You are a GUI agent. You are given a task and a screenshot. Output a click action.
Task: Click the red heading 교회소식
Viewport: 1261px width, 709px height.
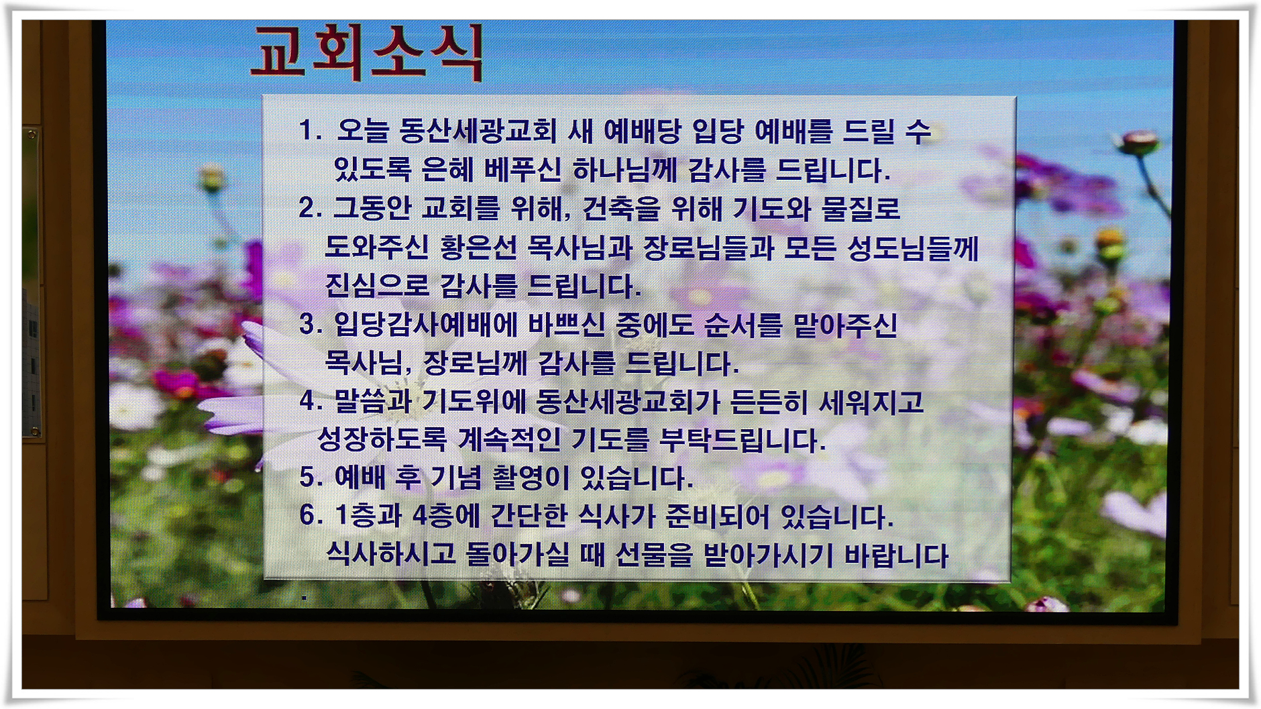[x=367, y=53]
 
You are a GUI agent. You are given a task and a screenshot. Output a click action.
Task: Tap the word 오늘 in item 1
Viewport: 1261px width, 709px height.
[x=363, y=130]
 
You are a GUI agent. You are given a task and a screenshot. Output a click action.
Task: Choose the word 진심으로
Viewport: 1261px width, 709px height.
[x=377, y=286]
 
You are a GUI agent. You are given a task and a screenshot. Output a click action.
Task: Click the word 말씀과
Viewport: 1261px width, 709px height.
[x=373, y=401]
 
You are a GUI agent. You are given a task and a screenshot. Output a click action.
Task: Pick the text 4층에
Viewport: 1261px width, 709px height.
[x=446, y=515]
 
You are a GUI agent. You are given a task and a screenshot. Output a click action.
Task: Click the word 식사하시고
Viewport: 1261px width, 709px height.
[x=391, y=554]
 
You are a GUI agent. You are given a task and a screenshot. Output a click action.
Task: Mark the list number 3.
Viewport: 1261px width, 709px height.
[x=311, y=324]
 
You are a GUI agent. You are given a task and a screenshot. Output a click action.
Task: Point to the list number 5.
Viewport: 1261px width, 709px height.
[x=311, y=478]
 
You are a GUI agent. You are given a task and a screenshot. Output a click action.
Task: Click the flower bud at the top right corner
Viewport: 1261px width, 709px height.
[x=1138, y=143]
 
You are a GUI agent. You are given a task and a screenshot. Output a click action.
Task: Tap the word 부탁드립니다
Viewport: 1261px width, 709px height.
[x=743, y=441]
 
